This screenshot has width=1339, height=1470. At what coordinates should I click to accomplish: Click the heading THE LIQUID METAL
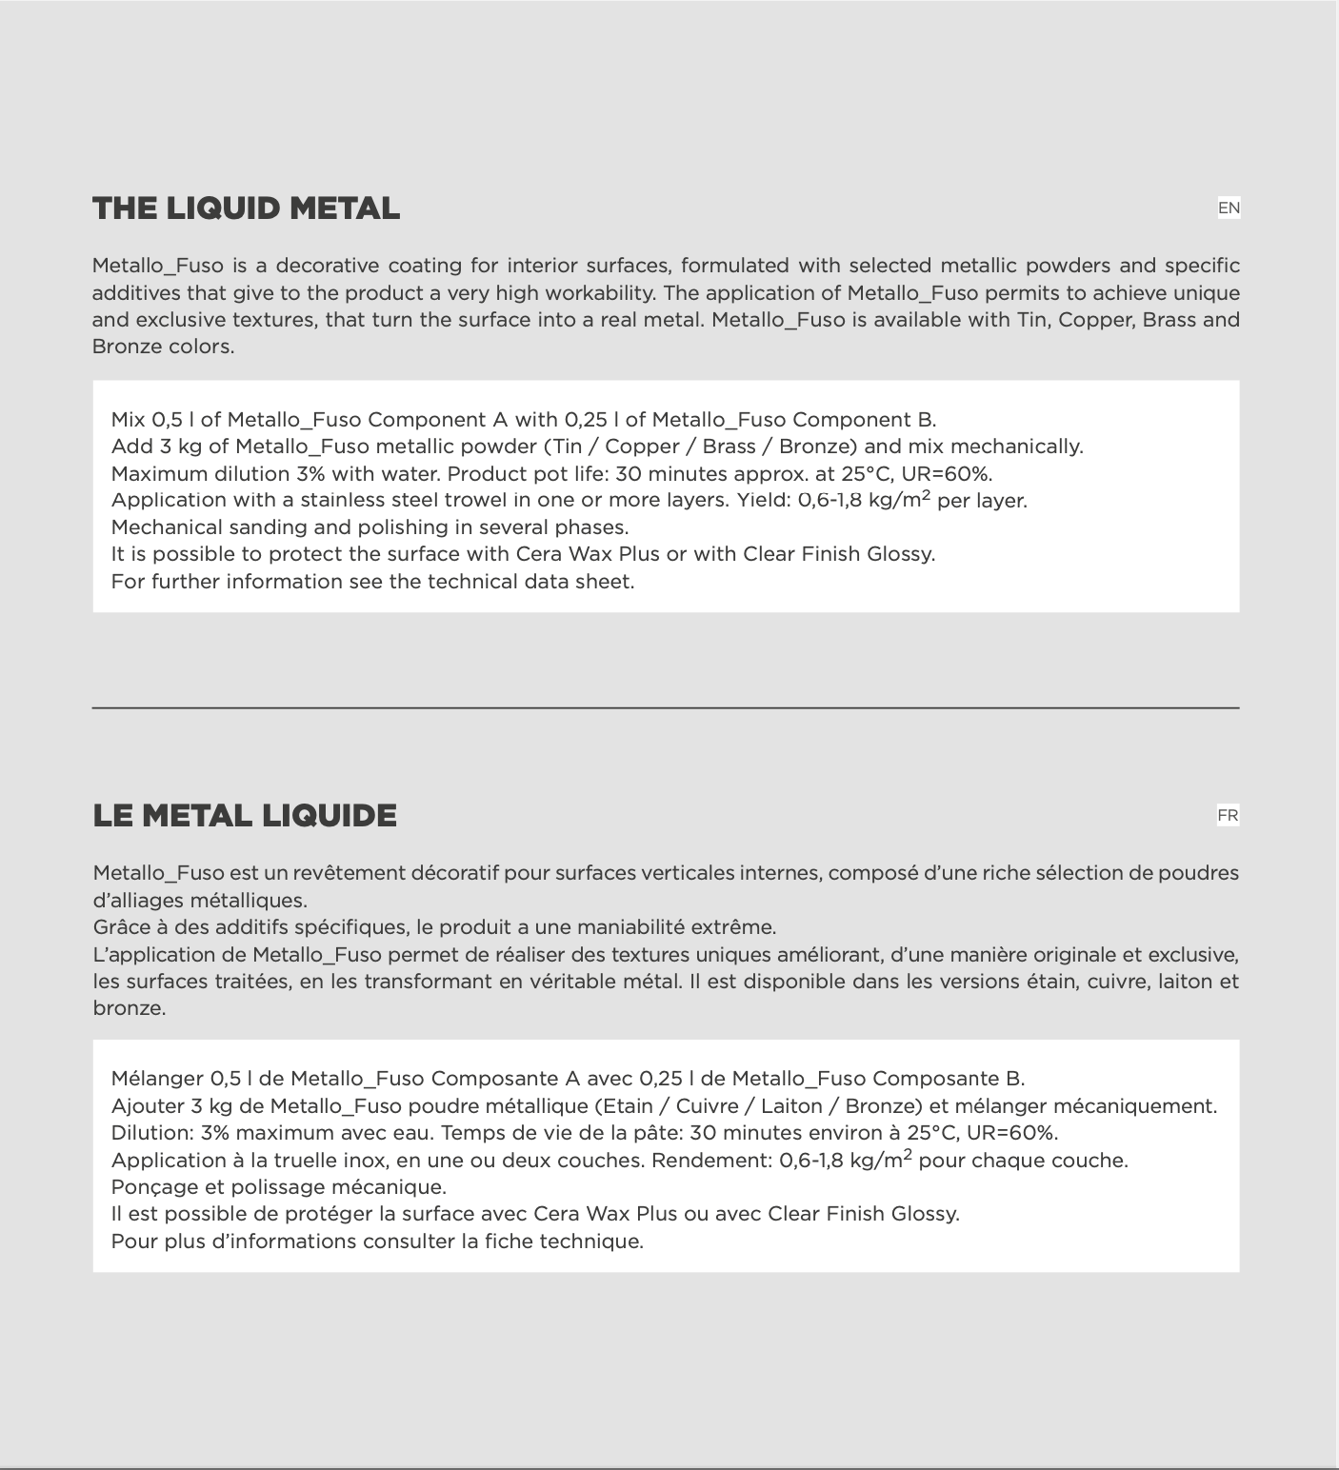pos(246,209)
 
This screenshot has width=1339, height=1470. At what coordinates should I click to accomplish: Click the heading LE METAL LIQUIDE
pos(245,816)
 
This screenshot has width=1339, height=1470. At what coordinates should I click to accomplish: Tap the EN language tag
pos(1229,208)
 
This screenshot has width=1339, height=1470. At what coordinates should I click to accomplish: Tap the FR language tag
pos(1228,815)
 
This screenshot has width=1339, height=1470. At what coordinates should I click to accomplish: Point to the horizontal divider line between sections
pos(666,708)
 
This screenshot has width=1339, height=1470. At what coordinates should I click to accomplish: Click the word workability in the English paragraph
pos(596,293)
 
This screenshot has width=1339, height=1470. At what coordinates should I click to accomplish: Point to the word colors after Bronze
pos(201,347)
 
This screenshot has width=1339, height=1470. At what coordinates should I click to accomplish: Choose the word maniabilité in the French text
pos(624,927)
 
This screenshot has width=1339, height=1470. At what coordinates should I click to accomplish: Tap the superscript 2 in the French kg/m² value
pos(908,1155)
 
